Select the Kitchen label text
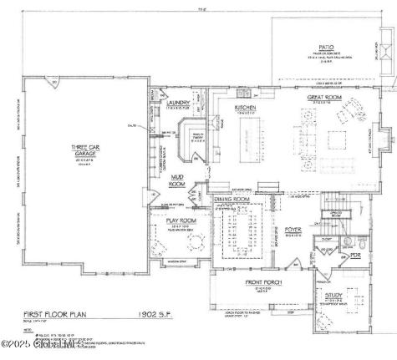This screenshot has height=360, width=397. [x=244, y=109]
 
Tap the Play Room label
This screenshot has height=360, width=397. [x=182, y=221]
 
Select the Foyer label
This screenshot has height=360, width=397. [x=292, y=228]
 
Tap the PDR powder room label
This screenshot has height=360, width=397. [x=356, y=256]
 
